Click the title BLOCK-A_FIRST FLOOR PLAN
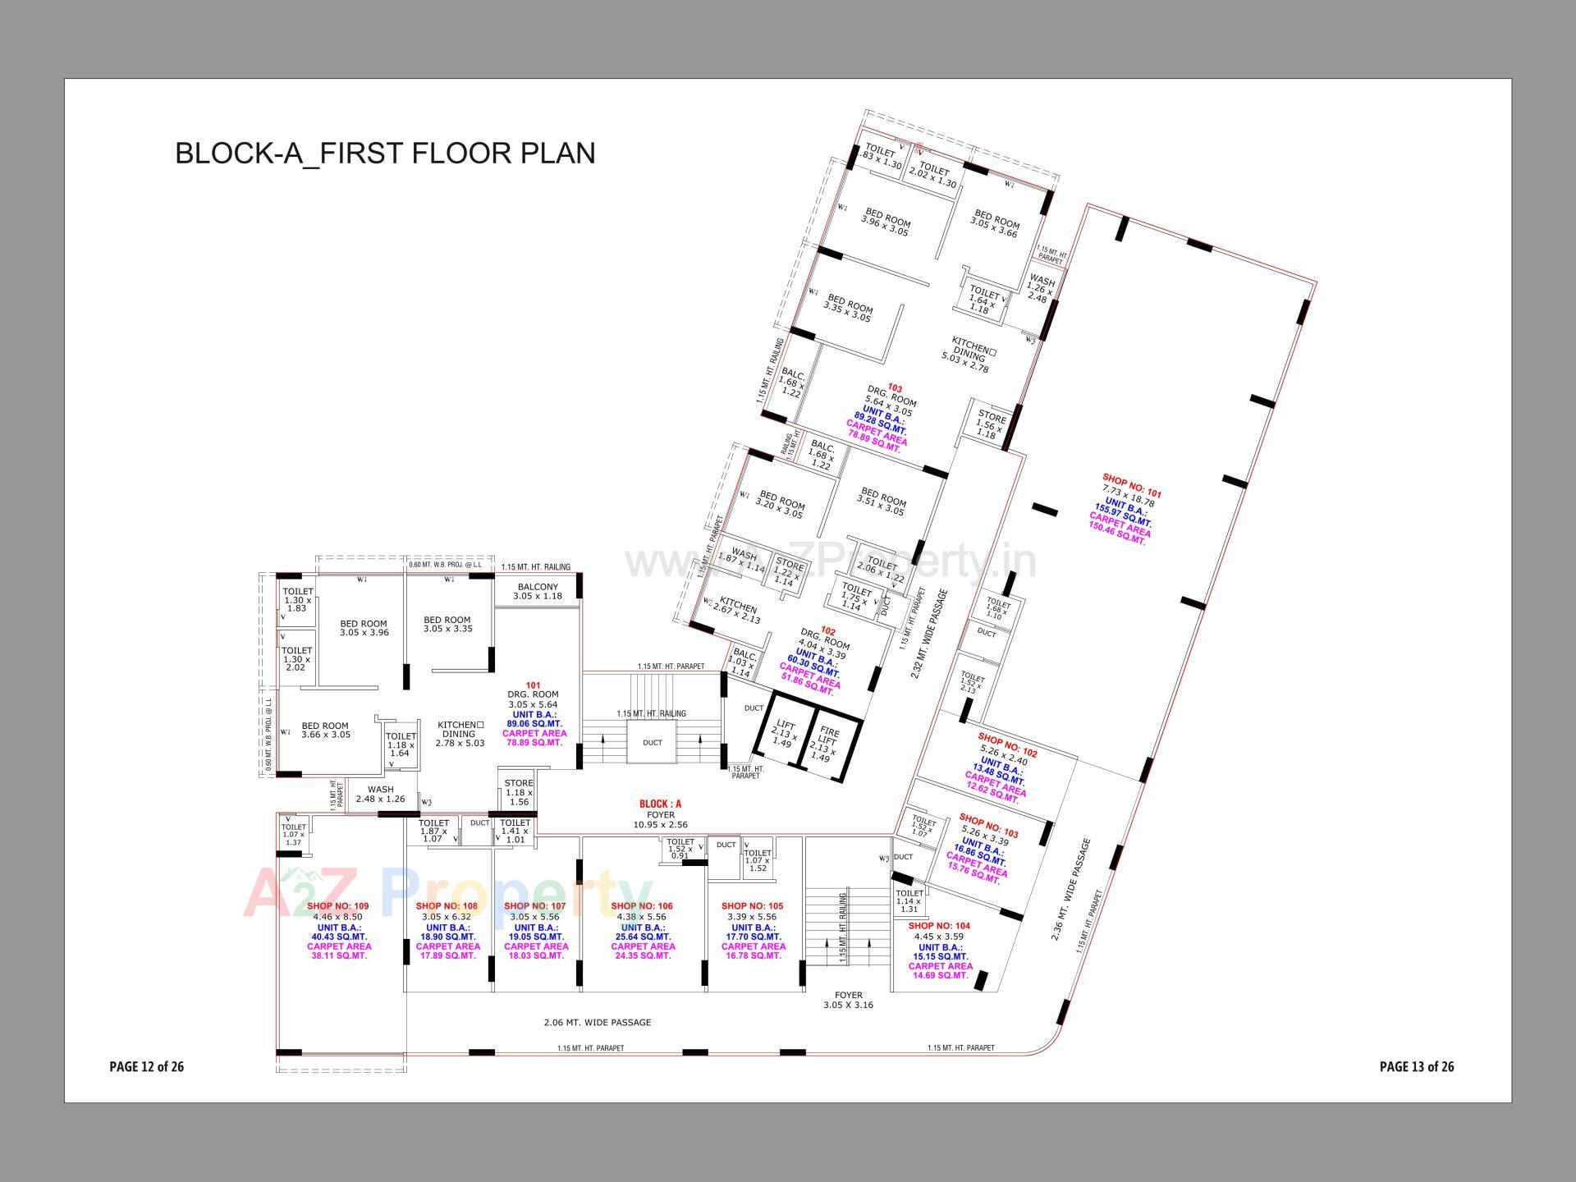384,153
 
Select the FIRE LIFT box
828,743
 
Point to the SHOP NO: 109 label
338,906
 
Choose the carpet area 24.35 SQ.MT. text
642,955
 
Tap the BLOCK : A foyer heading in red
660,804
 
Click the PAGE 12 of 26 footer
146,1066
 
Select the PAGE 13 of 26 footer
1416,1066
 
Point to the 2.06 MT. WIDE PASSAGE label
597,1022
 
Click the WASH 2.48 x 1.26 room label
380,794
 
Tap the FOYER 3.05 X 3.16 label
848,1000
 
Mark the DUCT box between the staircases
652,743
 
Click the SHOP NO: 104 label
939,926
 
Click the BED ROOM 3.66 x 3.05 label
325,730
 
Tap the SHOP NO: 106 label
641,906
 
